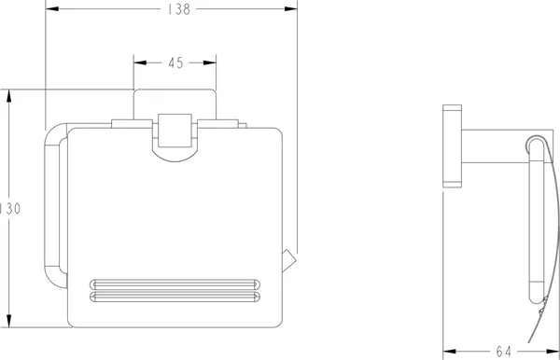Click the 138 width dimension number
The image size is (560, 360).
(x=179, y=9)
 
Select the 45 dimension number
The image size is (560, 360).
(x=175, y=63)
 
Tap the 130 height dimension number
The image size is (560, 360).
(x=10, y=209)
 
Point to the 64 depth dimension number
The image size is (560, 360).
(x=504, y=352)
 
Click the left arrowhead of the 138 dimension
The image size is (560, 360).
(x=52, y=8)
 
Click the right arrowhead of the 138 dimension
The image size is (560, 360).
(x=290, y=8)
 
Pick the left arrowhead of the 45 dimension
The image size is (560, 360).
(x=140, y=62)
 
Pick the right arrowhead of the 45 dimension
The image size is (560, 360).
(x=210, y=62)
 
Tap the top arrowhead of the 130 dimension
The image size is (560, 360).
(x=9, y=96)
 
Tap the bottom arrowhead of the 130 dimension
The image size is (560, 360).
(x=9, y=321)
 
